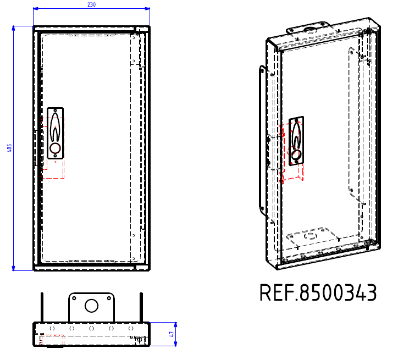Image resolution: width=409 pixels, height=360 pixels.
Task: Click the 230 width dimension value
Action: [x=91, y=4]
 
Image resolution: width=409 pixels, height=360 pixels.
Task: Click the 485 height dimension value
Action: [x=9, y=148]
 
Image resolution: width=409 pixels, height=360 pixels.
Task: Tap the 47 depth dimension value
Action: [x=172, y=334]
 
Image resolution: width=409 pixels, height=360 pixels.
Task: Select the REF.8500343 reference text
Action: [x=318, y=293]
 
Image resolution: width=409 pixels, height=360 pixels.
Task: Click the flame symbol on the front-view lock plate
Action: [x=56, y=129]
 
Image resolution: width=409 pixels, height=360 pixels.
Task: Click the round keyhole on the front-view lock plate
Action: [x=56, y=148]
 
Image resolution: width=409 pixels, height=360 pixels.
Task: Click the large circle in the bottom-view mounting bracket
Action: [x=91, y=306]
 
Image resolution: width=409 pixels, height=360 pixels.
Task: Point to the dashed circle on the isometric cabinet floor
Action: [x=311, y=236]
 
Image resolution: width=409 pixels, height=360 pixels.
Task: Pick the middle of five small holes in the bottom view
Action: [x=91, y=328]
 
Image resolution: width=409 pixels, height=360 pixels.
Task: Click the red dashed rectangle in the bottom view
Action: [x=55, y=340]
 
